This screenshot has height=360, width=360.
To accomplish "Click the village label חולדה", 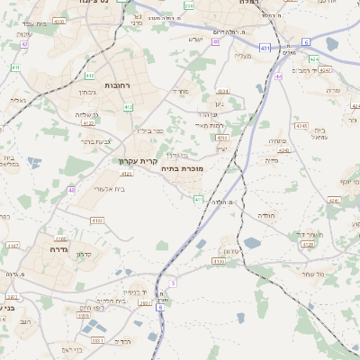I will coord(268,216).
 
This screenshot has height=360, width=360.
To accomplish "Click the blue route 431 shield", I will coord(265,47).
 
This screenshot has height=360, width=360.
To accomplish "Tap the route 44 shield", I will coord(279,76).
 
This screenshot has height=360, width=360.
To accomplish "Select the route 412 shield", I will coord(129,107).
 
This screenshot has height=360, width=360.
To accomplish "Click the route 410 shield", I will coord(90,76).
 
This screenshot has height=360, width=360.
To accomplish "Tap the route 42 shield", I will coord(24,43).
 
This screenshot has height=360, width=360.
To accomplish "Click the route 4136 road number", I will coord(96,220).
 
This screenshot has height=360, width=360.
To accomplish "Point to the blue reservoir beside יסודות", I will coord(252,242).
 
